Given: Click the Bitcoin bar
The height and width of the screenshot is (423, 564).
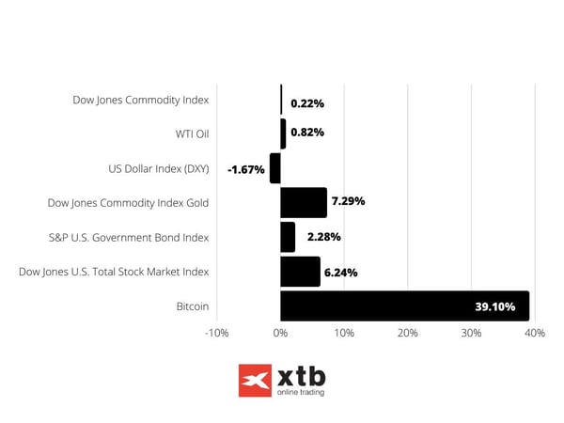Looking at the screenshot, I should tap(404, 305).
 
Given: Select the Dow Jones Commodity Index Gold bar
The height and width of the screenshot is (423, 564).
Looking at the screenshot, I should tap(304, 202).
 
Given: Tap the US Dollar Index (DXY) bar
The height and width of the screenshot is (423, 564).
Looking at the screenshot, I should tap(275, 168).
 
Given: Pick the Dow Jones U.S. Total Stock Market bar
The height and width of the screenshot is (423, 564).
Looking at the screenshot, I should tap(300, 272).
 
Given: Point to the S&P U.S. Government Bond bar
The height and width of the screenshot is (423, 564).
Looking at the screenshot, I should tap(288, 237).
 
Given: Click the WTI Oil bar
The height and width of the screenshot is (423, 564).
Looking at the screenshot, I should tap(283, 133).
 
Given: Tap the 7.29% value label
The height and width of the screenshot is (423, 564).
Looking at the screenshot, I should tap(348, 201).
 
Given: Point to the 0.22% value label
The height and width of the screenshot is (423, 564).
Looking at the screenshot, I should tap(307, 102).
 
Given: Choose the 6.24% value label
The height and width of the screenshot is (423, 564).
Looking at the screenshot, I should tap(340, 272).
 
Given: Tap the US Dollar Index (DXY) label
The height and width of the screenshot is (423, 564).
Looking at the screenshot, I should tap(159, 168).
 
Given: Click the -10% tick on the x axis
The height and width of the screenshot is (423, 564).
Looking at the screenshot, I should tap(216, 333).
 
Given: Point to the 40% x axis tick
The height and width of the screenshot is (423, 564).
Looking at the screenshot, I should tap(535, 333).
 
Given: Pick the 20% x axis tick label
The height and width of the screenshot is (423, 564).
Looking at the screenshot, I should tap(407, 333).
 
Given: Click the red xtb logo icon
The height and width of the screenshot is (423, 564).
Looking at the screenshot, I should tap(254, 381).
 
